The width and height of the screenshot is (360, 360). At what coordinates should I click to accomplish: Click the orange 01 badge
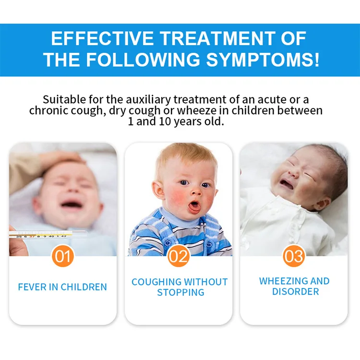tap(63, 256)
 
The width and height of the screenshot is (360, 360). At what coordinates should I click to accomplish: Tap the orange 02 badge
tap(179, 256)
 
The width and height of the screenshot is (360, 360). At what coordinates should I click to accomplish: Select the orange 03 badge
tap(294, 256)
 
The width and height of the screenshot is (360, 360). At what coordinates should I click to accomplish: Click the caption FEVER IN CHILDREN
tap(62, 287)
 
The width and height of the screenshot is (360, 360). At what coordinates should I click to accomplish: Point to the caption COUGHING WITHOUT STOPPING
tap(180, 287)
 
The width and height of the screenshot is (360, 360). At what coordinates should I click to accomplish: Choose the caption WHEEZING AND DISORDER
tap(294, 286)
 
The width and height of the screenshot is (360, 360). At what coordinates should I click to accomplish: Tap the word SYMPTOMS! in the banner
tap(263, 60)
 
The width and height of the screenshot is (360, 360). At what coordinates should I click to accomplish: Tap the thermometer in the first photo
tap(43, 235)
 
